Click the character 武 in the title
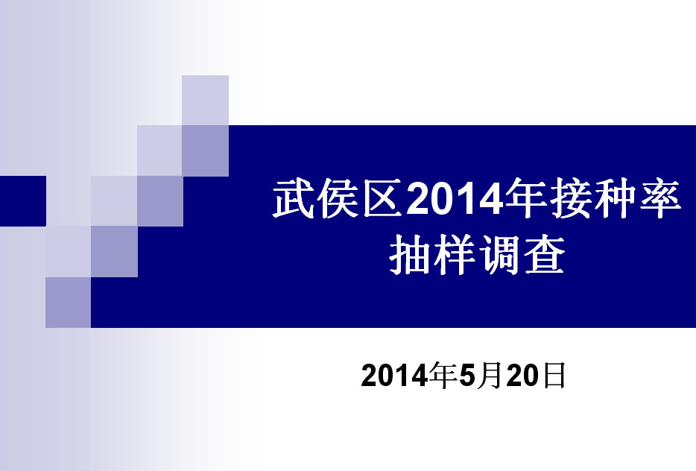(293, 198)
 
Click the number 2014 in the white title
(455, 199)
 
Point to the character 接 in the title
(572, 198)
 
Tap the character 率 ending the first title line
(660, 198)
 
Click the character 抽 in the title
(409, 254)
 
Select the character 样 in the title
(454, 254)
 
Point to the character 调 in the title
(499, 254)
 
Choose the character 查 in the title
(544, 254)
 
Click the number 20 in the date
(522, 376)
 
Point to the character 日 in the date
(554, 376)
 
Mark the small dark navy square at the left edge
(23, 201)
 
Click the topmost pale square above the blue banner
(205, 101)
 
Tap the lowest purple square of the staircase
(69, 303)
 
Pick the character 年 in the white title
(526, 198)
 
